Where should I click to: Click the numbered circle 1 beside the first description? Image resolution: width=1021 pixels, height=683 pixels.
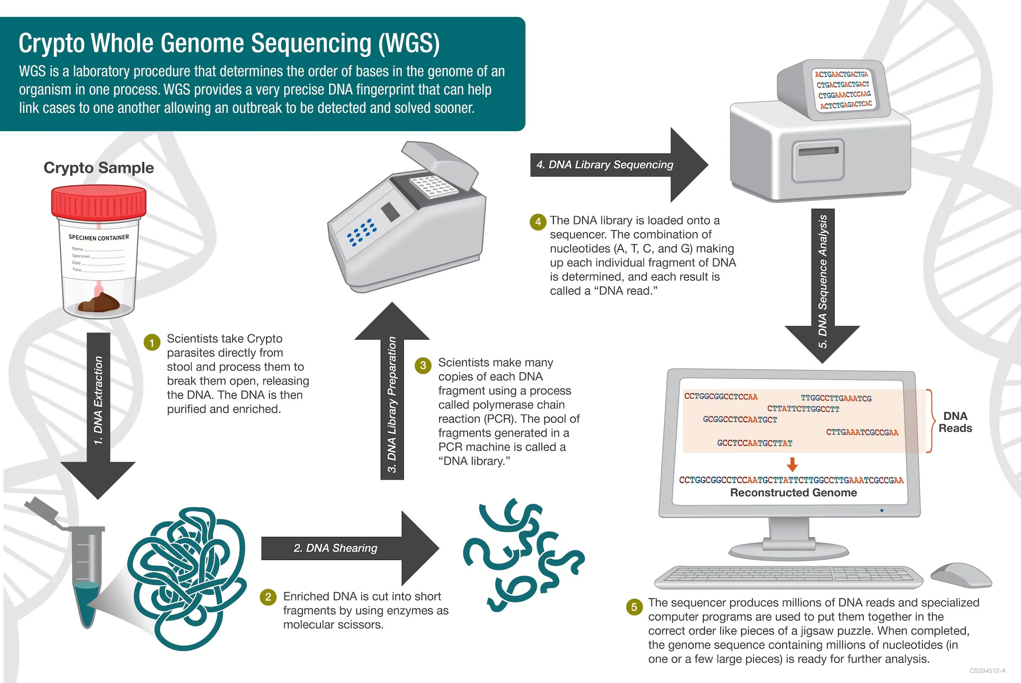(152, 342)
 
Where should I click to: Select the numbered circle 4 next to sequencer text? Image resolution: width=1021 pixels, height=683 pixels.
(537, 222)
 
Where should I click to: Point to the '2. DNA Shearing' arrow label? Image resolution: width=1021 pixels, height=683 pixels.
(335, 548)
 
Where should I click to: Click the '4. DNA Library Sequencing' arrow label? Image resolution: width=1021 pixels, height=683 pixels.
(605, 165)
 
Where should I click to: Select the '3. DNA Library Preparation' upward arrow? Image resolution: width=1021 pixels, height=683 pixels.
(392, 399)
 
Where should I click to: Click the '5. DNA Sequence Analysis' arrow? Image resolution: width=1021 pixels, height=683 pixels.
(823, 279)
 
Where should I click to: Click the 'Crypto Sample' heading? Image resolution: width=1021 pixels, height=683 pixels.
(99, 168)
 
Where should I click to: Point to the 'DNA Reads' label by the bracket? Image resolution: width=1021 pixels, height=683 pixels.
(955, 422)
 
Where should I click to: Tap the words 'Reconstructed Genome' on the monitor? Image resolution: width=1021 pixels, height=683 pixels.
(793, 493)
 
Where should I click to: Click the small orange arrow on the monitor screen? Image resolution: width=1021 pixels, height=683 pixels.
(792, 465)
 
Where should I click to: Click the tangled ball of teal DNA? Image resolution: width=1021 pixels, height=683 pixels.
(187, 578)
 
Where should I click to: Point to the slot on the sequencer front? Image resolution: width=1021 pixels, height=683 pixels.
(818, 151)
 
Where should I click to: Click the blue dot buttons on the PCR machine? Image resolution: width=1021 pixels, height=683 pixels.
(362, 232)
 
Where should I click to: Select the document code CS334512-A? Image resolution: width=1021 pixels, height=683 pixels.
(987, 671)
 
